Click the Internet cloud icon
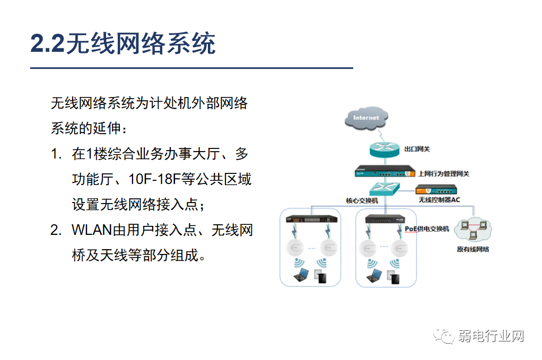click(366, 118)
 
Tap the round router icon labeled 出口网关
click(384, 150)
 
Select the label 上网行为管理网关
click(443, 173)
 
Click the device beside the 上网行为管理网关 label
click(385, 172)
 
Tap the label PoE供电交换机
click(427, 229)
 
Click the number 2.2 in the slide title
click(47, 43)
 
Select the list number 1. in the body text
click(57, 154)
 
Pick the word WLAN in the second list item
click(91, 230)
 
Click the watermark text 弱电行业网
click(491, 336)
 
